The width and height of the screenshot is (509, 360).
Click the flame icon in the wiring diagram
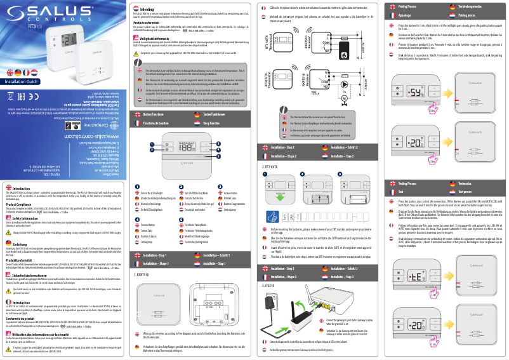346,48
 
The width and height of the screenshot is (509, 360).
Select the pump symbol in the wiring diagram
345,98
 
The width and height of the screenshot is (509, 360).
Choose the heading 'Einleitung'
20,244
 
